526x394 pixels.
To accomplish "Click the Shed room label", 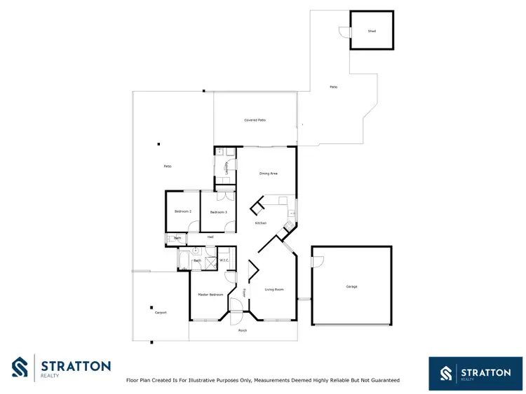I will (372, 31).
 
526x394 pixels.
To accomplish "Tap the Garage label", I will (351, 287).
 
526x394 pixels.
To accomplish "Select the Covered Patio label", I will (255, 120).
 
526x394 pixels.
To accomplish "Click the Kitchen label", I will (260, 223).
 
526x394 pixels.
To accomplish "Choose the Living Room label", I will (274, 289).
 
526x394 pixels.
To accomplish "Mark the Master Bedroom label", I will (210, 295).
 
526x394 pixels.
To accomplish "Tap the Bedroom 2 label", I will (183, 211).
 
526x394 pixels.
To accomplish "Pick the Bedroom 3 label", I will (217, 212).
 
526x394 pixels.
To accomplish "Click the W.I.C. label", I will (224, 261).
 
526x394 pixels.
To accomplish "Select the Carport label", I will (161, 313).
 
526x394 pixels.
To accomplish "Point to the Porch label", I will (243, 330).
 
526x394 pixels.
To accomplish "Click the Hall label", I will (210, 237).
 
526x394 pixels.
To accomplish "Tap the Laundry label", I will (226, 168).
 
